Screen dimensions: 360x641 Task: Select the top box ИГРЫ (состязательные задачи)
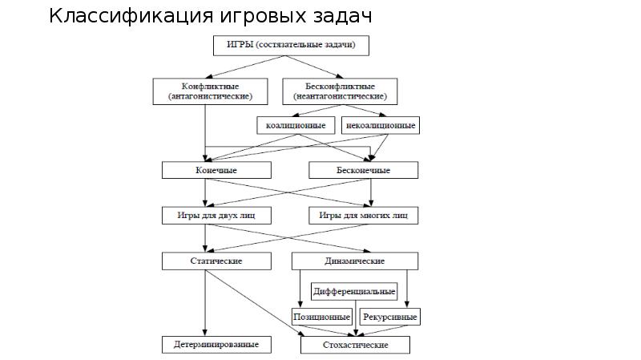coord(290,45)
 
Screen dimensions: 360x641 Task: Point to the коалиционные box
coord(296,126)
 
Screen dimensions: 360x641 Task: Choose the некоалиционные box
coord(381,126)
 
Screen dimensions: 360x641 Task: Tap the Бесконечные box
coord(362,170)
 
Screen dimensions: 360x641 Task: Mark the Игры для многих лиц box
coord(363,216)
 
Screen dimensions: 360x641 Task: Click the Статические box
coord(216,261)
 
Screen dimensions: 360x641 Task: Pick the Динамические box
coord(355,261)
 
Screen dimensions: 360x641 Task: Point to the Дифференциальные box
coord(354,290)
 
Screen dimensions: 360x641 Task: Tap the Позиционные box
coord(322,317)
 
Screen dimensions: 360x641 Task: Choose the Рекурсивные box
coord(390,317)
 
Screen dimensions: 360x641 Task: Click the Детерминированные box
coord(216,345)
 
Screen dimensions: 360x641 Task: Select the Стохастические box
coord(355,345)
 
